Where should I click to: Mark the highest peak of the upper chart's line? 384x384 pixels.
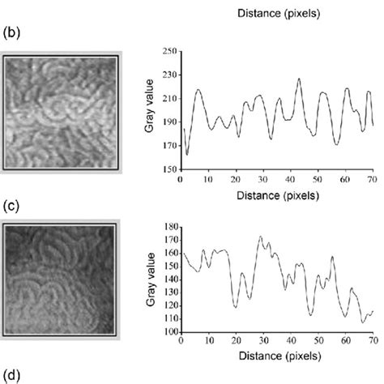(298, 79)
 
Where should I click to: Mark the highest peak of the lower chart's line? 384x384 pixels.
(260, 237)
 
